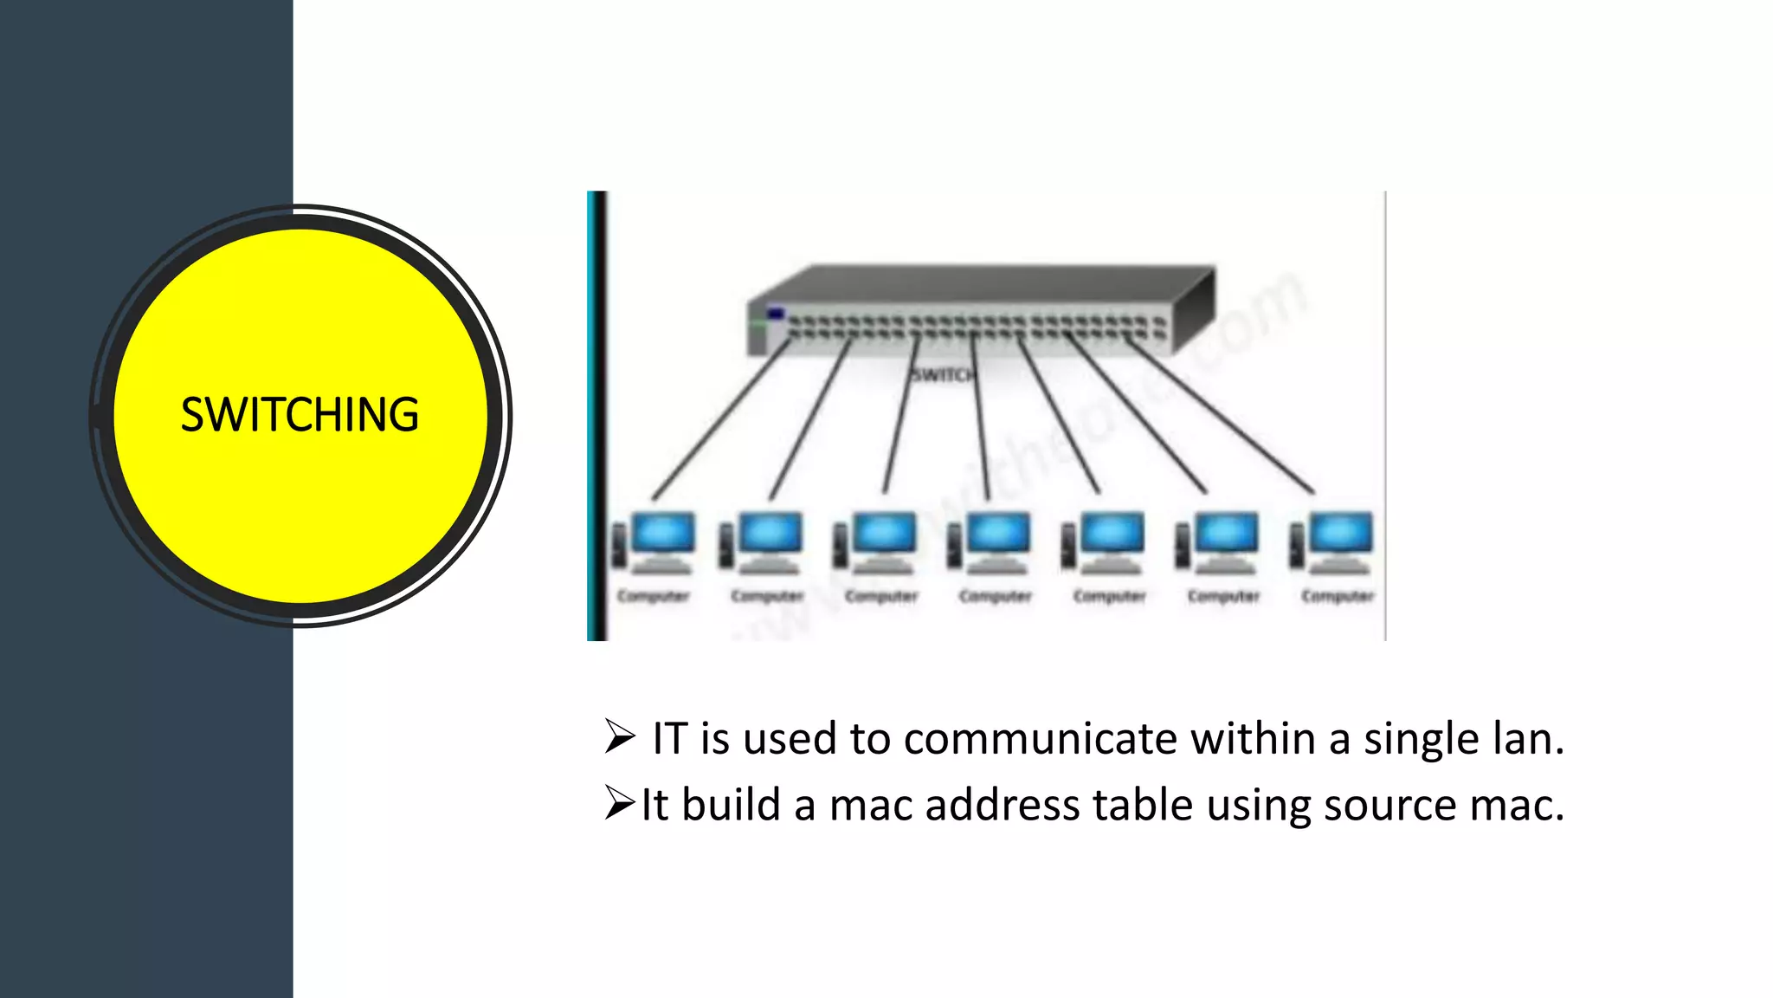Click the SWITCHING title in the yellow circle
point(300,415)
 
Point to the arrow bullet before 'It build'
point(620,803)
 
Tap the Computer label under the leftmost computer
point(654,596)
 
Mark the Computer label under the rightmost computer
point(1338,596)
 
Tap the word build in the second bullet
point(731,805)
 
